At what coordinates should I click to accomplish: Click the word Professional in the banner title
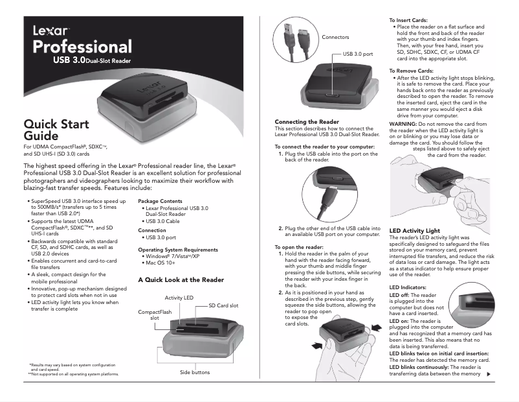pos(82,47)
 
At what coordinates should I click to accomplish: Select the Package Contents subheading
pos(160,201)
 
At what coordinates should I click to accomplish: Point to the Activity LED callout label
pos(179,298)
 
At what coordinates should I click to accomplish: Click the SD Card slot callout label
pos(223,305)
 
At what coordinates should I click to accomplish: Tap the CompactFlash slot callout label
pos(155,315)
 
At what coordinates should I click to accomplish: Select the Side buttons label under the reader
pos(195,372)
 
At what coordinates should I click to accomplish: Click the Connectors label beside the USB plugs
pos(335,38)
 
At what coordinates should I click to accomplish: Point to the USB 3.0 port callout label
pos(357,54)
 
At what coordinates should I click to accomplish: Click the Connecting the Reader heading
pos(307,122)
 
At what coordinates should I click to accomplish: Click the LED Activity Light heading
pos(414,231)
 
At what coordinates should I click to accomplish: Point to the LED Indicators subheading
pos(408,287)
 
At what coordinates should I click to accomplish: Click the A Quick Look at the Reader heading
pos(181,280)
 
